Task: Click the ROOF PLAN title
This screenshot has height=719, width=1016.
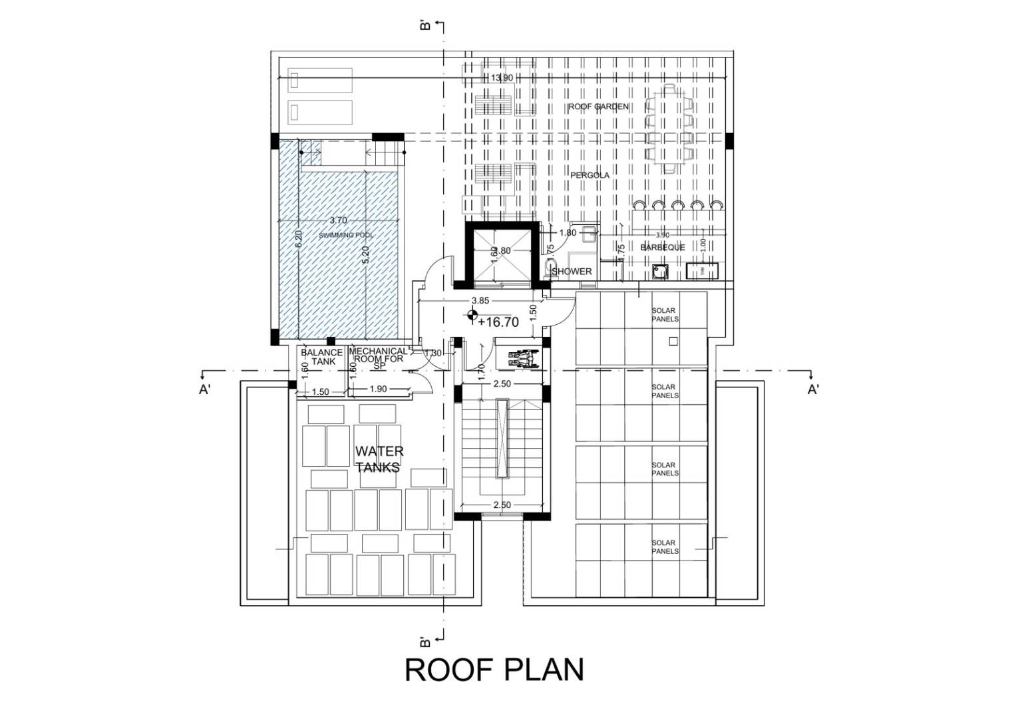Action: coord(494,670)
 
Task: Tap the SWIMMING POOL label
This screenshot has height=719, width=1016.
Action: coord(345,236)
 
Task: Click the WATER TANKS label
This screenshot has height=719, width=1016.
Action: coord(379,459)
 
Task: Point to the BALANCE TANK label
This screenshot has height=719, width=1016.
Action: coord(322,357)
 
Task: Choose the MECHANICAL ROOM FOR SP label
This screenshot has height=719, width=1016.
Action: coord(378,358)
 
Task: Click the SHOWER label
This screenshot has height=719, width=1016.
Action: coord(572,272)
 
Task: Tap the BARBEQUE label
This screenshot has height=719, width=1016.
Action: coord(662,248)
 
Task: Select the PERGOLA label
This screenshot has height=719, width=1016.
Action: coord(590,175)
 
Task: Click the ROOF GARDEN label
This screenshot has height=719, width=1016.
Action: coord(597,107)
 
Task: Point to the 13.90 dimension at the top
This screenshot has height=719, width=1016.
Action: coord(501,78)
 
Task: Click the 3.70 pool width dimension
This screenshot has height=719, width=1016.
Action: coord(338,220)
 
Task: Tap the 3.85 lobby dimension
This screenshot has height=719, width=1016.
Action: coord(480,301)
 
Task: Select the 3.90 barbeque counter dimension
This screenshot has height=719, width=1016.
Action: coord(663,235)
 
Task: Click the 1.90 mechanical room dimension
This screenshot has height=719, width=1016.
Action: coord(378,389)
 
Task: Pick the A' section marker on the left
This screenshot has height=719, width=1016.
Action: coord(204,390)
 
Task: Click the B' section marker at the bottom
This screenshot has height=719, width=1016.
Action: coord(425,642)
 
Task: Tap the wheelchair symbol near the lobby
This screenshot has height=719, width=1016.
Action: coord(522,359)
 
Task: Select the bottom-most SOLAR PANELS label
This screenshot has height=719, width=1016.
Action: coord(665,547)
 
